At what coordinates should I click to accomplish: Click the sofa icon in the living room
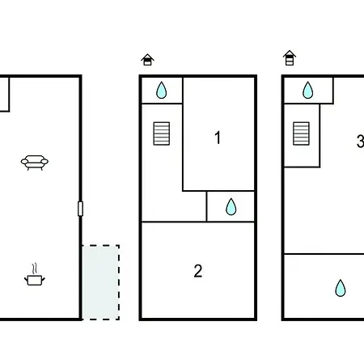pyautogui.click(x=35, y=163)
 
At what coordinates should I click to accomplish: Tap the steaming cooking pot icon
pyautogui.click(x=35, y=275)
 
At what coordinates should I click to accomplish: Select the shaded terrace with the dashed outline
pyautogui.click(x=100, y=282)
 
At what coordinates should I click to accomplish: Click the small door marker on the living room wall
pyautogui.click(x=80, y=209)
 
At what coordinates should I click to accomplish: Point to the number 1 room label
pyautogui.click(x=218, y=138)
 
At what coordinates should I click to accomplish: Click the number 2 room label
pyautogui.click(x=198, y=271)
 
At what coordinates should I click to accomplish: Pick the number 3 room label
pyautogui.click(x=360, y=141)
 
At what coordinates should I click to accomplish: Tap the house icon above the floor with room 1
pyautogui.click(x=147, y=60)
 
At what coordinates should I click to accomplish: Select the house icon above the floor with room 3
pyautogui.click(x=290, y=57)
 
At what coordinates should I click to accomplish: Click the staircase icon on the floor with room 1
pyautogui.click(x=162, y=133)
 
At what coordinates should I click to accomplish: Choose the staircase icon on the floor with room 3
pyautogui.click(x=301, y=133)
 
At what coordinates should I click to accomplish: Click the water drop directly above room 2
pyautogui.click(x=231, y=207)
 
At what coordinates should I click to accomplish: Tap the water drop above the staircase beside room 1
pyautogui.click(x=161, y=90)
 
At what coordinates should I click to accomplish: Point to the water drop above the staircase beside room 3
pyautogui.click(x=307, y=90)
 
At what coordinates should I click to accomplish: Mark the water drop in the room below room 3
pyautogui.click(x=341, y=288)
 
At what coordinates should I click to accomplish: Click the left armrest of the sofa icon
pyautogui.click(x=24, y=162)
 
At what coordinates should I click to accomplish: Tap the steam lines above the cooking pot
pyautogui.click(x=34, y=269)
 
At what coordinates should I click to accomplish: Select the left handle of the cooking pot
pyautogui.click(x=26, y=279)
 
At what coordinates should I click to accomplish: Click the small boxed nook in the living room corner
pyautogui.click(x=5, y=95)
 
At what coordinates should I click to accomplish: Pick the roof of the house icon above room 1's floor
pyautogui.click(x=147, y=57)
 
